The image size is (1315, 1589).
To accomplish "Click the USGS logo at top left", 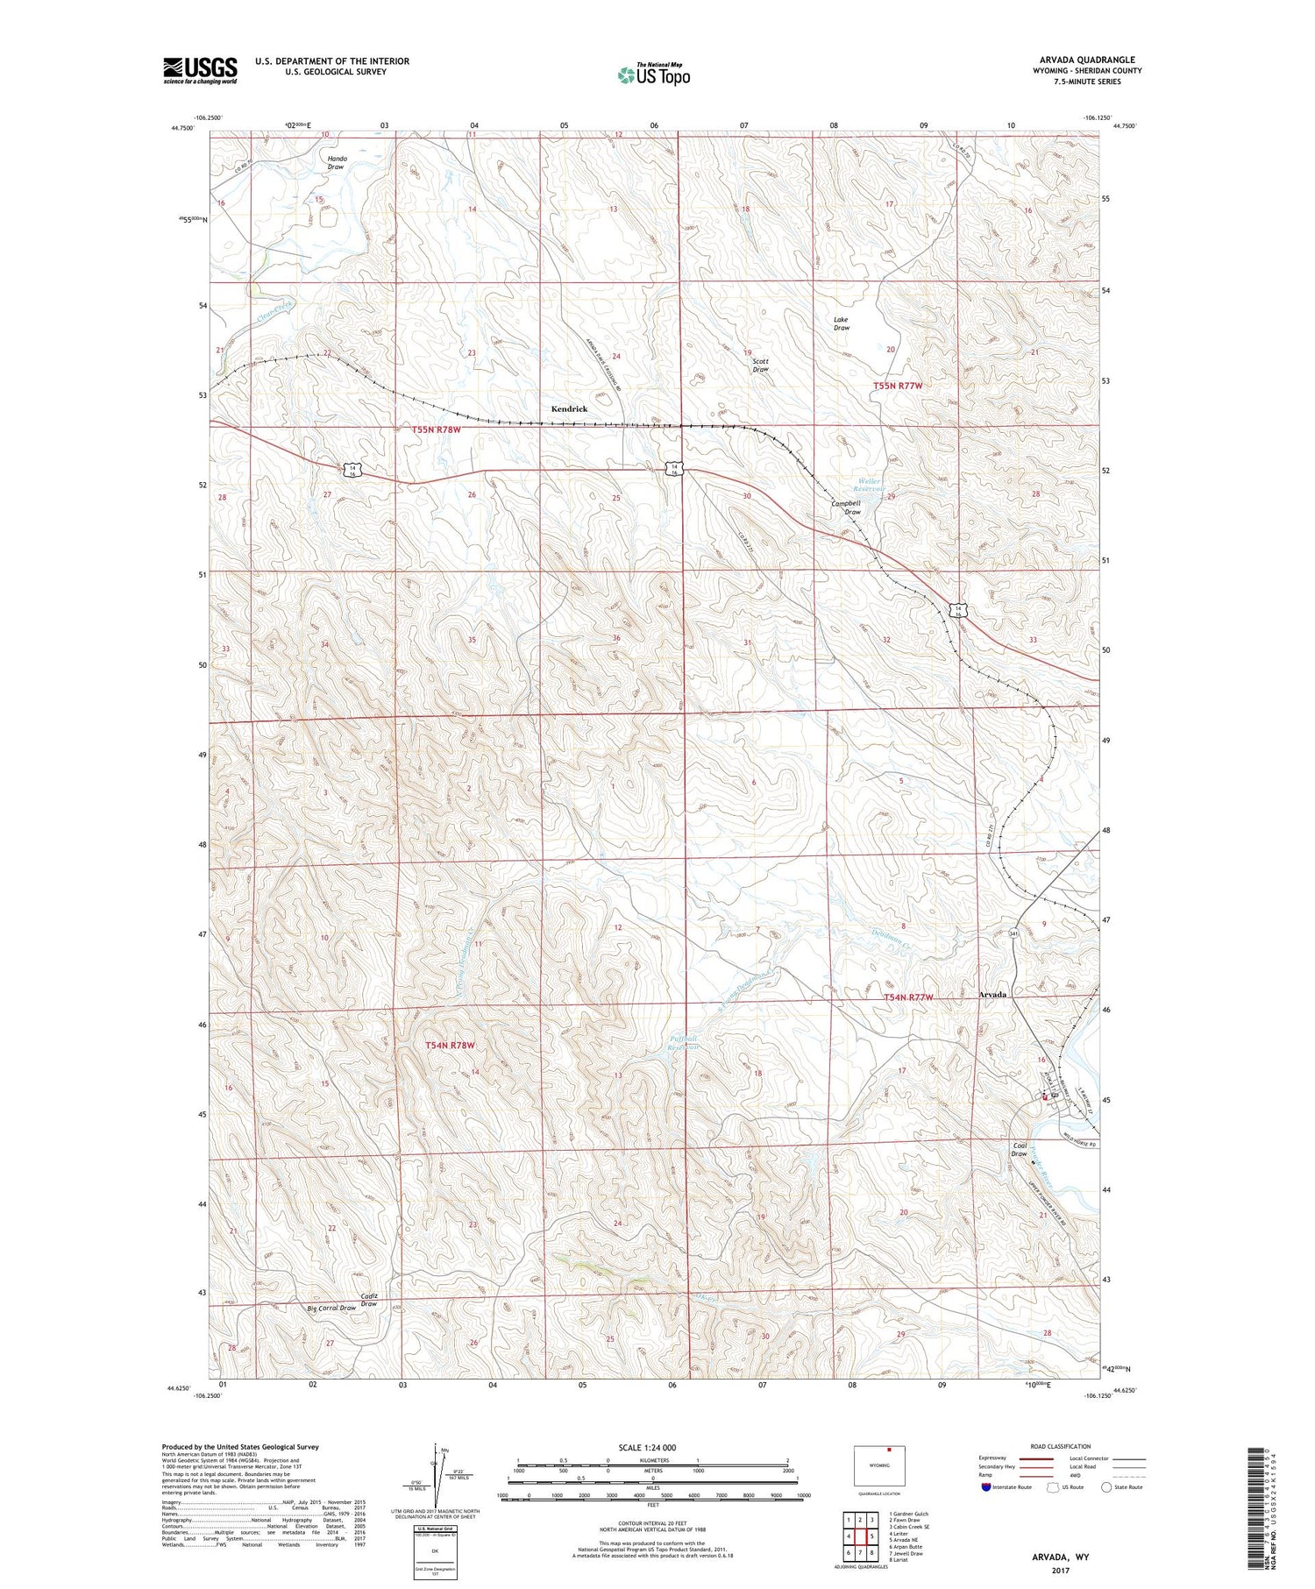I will (200, 70).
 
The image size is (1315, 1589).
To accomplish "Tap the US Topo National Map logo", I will (654, 74).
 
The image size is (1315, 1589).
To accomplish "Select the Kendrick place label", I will (569, 409).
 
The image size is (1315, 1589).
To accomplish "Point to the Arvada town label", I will (992, 995).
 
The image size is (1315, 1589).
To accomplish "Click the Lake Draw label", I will (841, 323).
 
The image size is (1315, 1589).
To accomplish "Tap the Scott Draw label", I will (760, 365).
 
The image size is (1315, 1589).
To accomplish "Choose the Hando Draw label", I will (337, 162).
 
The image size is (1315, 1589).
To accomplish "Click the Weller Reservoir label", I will (870, 485).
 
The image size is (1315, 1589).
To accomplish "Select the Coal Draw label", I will (1019, 1149).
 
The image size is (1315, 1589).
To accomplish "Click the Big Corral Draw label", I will (331, 1308).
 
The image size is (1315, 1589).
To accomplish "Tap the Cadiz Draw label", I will (368, 1300).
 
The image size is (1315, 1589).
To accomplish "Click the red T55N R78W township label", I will (436, 429).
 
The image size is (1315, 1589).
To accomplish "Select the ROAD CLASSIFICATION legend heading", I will (1061, 1446).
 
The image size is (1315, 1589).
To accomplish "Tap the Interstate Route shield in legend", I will (987, 1486).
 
